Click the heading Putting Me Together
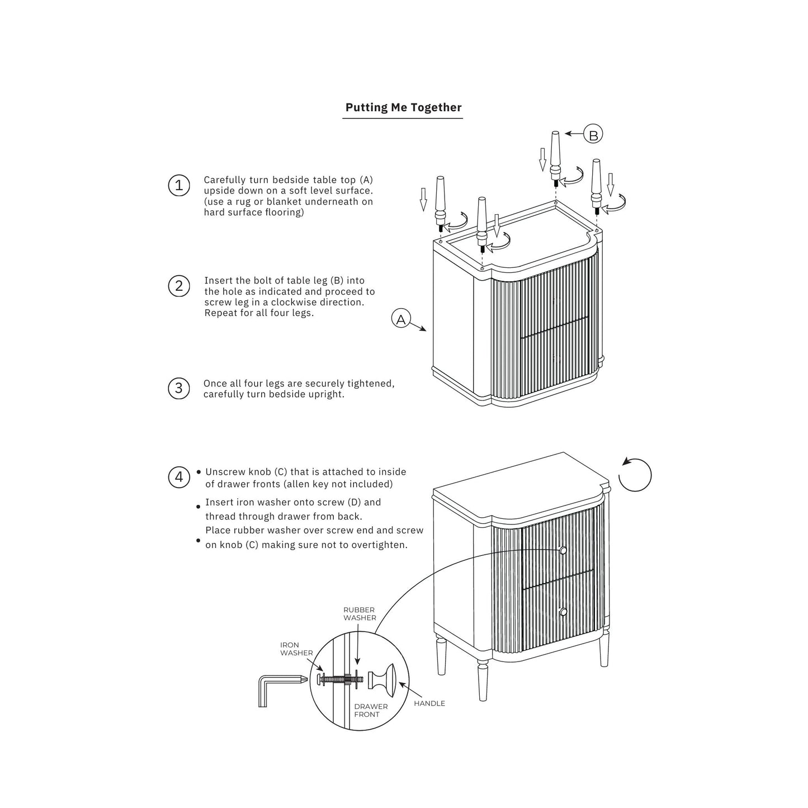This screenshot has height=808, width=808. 403,107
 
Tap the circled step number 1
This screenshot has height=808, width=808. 179,185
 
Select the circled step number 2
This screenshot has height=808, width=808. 179,286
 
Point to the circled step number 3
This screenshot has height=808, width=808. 179,388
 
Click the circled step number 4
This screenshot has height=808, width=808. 179,477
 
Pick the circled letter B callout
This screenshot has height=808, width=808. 593,135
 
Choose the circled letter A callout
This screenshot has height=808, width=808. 401,319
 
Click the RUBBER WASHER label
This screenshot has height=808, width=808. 360,613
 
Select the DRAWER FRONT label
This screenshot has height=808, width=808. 371,710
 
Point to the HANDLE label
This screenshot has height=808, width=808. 429,703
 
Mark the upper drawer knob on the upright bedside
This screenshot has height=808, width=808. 563,551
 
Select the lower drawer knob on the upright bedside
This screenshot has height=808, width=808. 563,612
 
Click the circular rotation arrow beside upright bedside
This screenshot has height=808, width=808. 636,475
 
